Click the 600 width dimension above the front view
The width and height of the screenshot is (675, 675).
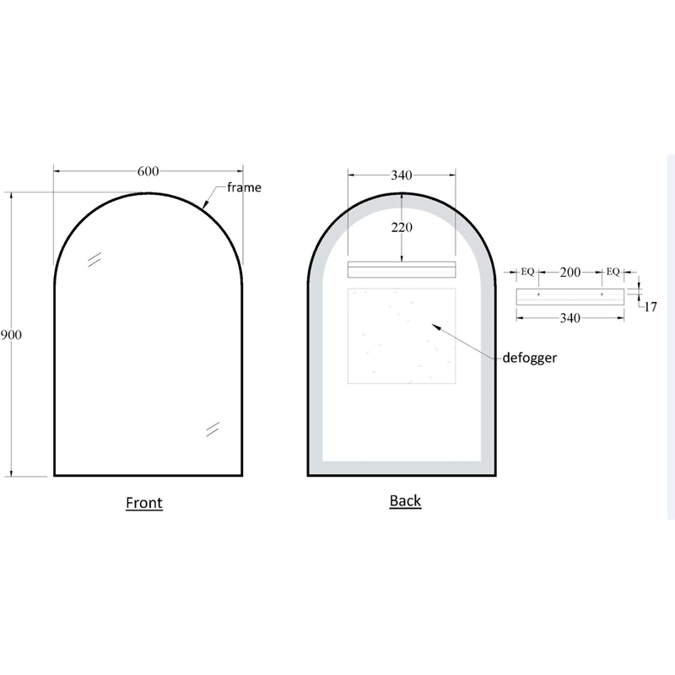148,172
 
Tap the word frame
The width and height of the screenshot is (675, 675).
244,187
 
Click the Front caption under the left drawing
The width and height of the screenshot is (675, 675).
143,503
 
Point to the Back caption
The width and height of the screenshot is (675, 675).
405,500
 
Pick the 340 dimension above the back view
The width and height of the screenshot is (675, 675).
401,175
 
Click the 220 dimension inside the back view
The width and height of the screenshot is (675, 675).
401,227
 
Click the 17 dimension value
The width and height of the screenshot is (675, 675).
651,307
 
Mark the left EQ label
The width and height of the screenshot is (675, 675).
527,272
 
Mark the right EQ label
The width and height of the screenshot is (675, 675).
613,272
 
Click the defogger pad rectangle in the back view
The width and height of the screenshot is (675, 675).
402,334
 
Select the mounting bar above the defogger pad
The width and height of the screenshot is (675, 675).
402,270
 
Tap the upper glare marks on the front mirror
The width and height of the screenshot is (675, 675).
95,258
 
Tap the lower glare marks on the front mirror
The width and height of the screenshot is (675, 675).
212,429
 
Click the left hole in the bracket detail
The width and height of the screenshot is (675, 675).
538,295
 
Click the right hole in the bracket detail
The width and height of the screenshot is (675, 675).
602,295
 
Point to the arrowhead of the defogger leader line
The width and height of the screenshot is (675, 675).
433,323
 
